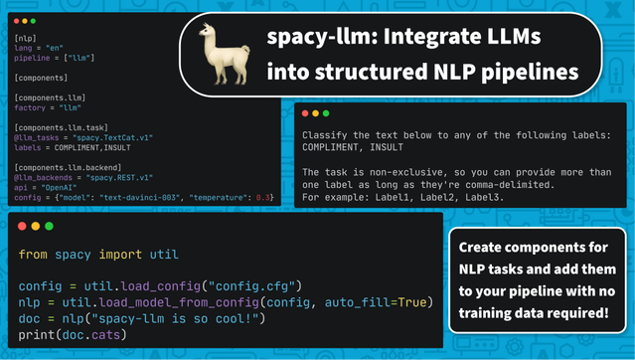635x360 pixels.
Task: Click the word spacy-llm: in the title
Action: pyautogui.click(x=313, y=39)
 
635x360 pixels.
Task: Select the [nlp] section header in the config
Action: pyautogui.click(x=26, y=38)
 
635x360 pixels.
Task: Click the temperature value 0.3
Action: pyautogui.click(x=263, y=197)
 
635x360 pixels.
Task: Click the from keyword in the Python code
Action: pyautogui.click(x=33, y=255)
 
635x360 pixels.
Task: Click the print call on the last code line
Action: pyautogui.click(x=38, y=333)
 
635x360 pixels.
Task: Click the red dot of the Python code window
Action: pyautogui.click(x=20, y=224)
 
